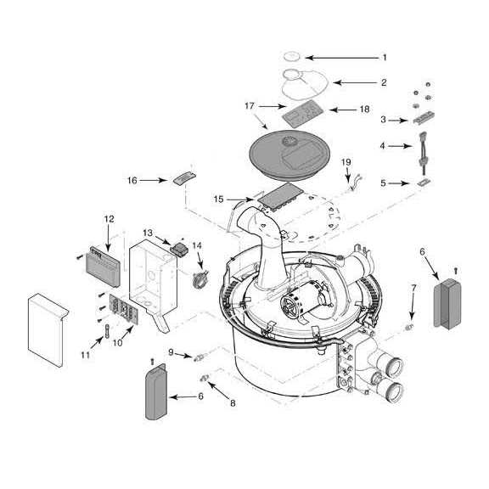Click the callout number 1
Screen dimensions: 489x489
pyautogui.click(x=385, y=58)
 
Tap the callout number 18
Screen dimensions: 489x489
pyautogui.click(x=364, y=110)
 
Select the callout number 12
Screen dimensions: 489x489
pyautogui.click(x=109, y=219)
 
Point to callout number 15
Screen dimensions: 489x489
pyautogui.click(x=219, y=199)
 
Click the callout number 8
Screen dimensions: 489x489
pyautogui.click(x=233, y=403)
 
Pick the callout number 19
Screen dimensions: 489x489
pyautogui.click(x=346, y=162)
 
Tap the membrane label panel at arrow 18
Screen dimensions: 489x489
pyautogui.click(x=301, y=113)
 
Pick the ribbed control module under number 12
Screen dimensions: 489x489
pyautogui.click(x=104, y=267)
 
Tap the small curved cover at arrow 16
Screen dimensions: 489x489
pyautogui.click(x=184, y=178)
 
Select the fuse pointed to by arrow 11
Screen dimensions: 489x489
pyautogui.click(x=108, y=330)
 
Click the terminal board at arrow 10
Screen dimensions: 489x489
pyautogui.click(x=123, y=307)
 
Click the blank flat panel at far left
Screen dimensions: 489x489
pyautogui.click(x=48, y=330)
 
